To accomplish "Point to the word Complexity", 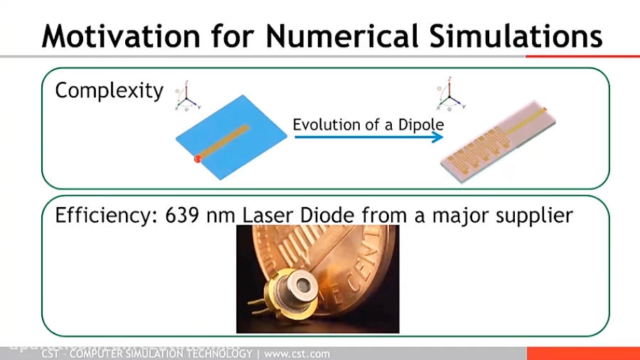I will pos(109,91).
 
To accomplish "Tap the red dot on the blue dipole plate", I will pos(198,158).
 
